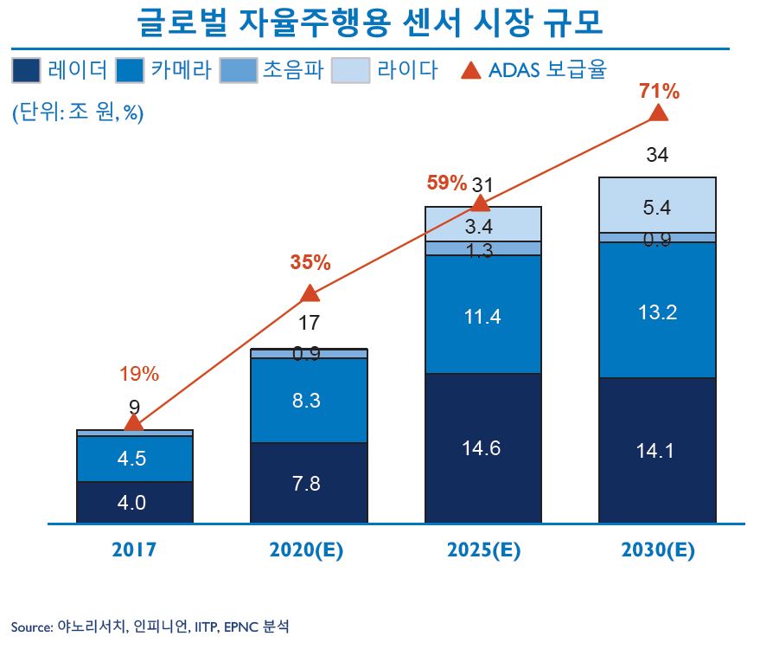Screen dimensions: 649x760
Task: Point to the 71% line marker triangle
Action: [x=658, y=113]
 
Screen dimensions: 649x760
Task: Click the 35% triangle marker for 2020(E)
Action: [x=309, y=293]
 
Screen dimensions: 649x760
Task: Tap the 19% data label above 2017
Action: [x=138, y=374]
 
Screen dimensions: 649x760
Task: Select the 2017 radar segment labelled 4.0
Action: [x=134, y=502]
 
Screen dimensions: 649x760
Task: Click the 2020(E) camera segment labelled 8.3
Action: [x=309, y=401]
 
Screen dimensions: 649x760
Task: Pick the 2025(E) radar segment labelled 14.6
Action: [x=482, y=448]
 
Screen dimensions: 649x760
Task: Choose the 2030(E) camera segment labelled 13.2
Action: [x=657, y=312]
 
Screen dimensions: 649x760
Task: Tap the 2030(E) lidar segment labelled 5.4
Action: [x=657, y=206]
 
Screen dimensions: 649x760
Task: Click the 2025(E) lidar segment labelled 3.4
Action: [x=482, y=227]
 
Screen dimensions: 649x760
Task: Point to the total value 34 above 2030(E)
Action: [x=657, y=156]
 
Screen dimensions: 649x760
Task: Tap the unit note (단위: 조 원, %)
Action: [x=77, y=113]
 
